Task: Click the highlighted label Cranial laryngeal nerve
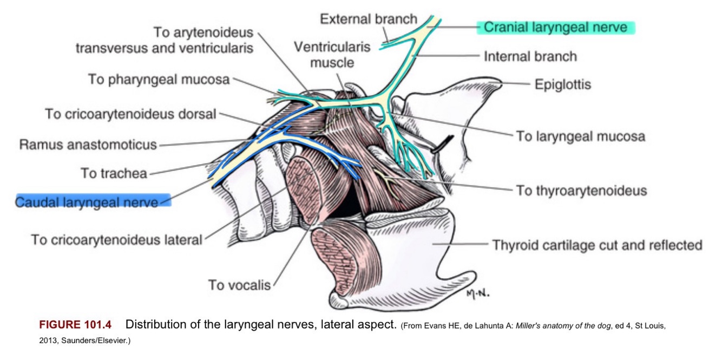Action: [556, 27]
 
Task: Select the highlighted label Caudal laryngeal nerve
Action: [87, 202]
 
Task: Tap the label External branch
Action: [369, 19]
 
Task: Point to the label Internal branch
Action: [530, 56]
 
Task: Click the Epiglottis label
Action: [562, 84]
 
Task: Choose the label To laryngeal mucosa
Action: [580, 136]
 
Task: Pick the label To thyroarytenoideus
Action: [581, 191]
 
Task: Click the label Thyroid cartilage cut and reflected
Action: [597, 245]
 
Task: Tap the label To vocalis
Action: [239, 285]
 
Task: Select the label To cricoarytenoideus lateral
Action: [116, 239]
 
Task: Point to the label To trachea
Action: [114, 173]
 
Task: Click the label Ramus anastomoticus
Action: [88, 145]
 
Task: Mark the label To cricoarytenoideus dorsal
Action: [130, 114]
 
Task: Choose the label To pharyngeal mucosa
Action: [159, 80]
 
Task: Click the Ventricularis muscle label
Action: [332, 55]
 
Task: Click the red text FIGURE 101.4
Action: [75, 325]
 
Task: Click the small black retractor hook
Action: [443, 142]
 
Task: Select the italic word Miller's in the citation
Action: [533, 326]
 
